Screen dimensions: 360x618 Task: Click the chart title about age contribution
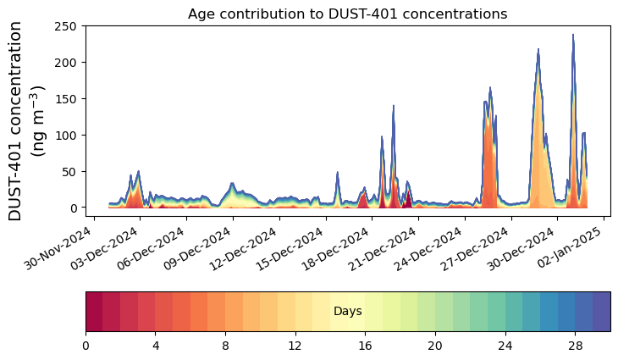coord(347,14)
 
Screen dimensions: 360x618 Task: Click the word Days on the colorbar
coord(347,312)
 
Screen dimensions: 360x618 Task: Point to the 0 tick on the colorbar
coord(86,346)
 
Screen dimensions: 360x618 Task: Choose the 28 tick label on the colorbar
coord(575,346)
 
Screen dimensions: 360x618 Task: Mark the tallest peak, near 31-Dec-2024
coord(573,36)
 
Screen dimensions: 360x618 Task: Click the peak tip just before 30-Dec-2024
coord(538,50)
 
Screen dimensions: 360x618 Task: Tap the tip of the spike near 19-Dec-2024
coord(394,106)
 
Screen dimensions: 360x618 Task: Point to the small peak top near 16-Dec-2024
coord(338,173)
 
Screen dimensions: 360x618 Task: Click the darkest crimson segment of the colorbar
coord(94,311)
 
